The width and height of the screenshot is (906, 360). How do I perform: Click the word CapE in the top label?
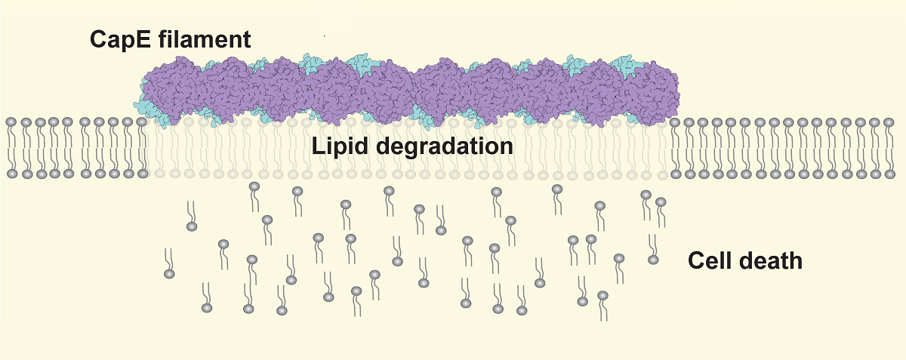122,40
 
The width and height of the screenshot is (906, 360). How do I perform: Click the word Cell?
712,262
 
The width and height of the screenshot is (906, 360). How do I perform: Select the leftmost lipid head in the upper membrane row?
11,122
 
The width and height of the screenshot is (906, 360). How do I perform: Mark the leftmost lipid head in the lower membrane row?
11,174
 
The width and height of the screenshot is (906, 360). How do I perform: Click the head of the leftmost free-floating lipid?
169,274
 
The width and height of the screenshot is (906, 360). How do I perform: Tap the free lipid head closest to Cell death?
653,260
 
